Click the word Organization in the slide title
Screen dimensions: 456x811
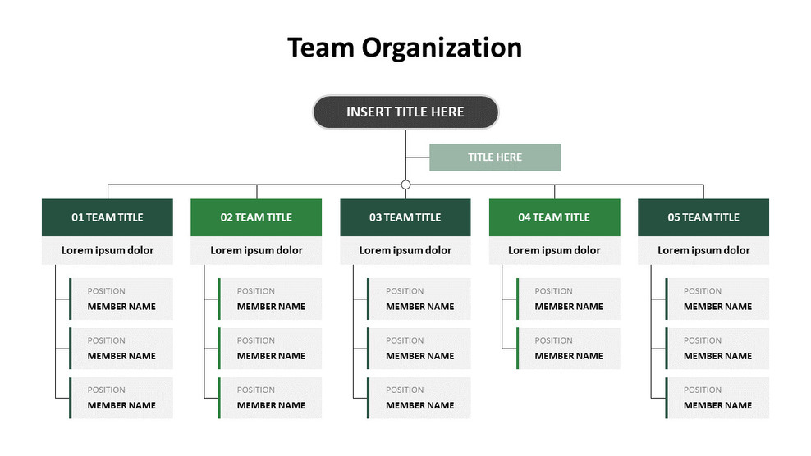click(442, 48)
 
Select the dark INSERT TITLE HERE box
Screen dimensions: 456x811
click(405, 112)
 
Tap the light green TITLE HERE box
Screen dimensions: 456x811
click(495, 157)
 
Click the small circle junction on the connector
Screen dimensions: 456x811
click(405, 185)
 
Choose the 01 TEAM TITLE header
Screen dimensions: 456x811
click(108, 217)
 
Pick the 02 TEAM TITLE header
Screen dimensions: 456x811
click(256, 217)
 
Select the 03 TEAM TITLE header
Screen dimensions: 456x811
click(405, 217)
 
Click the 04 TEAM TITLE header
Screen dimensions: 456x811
click(554, 217)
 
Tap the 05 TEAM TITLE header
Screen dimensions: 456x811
click(703, 217)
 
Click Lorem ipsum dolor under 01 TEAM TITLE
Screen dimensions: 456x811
click(108, 250)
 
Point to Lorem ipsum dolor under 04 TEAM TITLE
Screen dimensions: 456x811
click(554, 250)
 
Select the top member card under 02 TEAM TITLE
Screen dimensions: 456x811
click(270, 299)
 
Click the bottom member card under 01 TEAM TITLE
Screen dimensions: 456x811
click(121, 398)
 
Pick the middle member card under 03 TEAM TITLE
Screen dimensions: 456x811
click(419, 349)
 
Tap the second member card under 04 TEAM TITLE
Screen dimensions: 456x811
click(568, 349)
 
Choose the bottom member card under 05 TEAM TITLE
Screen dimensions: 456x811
click(717, 398)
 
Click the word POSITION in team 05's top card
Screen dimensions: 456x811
click(703, 291)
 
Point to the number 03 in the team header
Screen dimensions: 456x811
click(375, 217)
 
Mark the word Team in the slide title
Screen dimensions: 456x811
click(320, 48)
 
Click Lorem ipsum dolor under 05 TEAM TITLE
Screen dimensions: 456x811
click(703, 250)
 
